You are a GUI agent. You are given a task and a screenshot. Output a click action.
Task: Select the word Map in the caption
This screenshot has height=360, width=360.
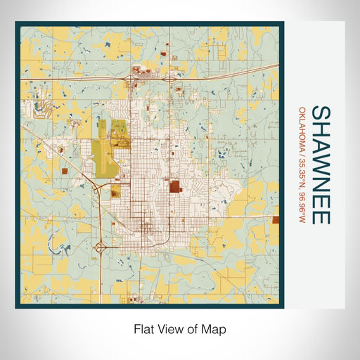(x=214, y=328)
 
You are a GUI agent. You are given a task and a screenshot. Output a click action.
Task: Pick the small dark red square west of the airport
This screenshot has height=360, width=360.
(x=65, y=169)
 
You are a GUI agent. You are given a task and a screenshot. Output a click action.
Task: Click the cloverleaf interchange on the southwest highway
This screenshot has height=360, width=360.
(x=103, y=247)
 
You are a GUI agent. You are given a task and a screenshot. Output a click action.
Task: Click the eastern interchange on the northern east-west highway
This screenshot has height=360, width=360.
(x=171, y=79)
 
